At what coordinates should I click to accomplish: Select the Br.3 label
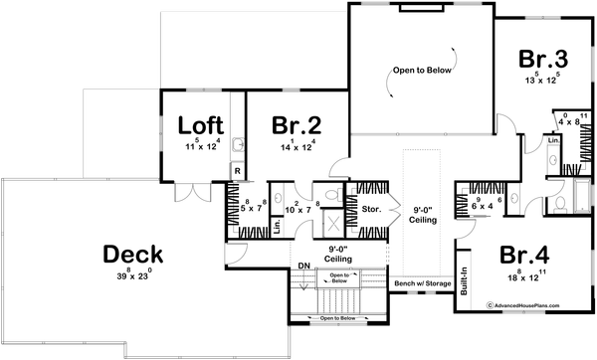tap(542, 58)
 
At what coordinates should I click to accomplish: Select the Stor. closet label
tap(372, 210)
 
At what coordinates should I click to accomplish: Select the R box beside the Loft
tap(237, 171)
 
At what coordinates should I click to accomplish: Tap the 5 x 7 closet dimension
tap(250, 209)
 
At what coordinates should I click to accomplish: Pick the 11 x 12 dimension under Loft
tap(201, 145)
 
